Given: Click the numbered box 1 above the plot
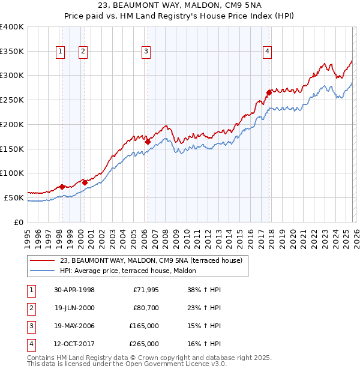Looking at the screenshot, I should pos(61,52).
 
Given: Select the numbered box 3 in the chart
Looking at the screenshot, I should pos(146,52).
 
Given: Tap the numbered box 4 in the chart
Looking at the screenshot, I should pos(266,52).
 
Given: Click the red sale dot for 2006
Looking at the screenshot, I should pos(148,142).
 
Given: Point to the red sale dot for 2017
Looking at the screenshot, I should pos(269,92).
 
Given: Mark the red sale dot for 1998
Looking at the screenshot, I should pos(62,187).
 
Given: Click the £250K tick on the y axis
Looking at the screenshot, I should pos(12,100).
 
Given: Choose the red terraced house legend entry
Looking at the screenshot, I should pos(151,260).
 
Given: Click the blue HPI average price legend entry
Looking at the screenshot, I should pos(132,271).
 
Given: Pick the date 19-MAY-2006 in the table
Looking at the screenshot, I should pos(74,325).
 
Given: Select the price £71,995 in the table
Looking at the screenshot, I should pos(145,289).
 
